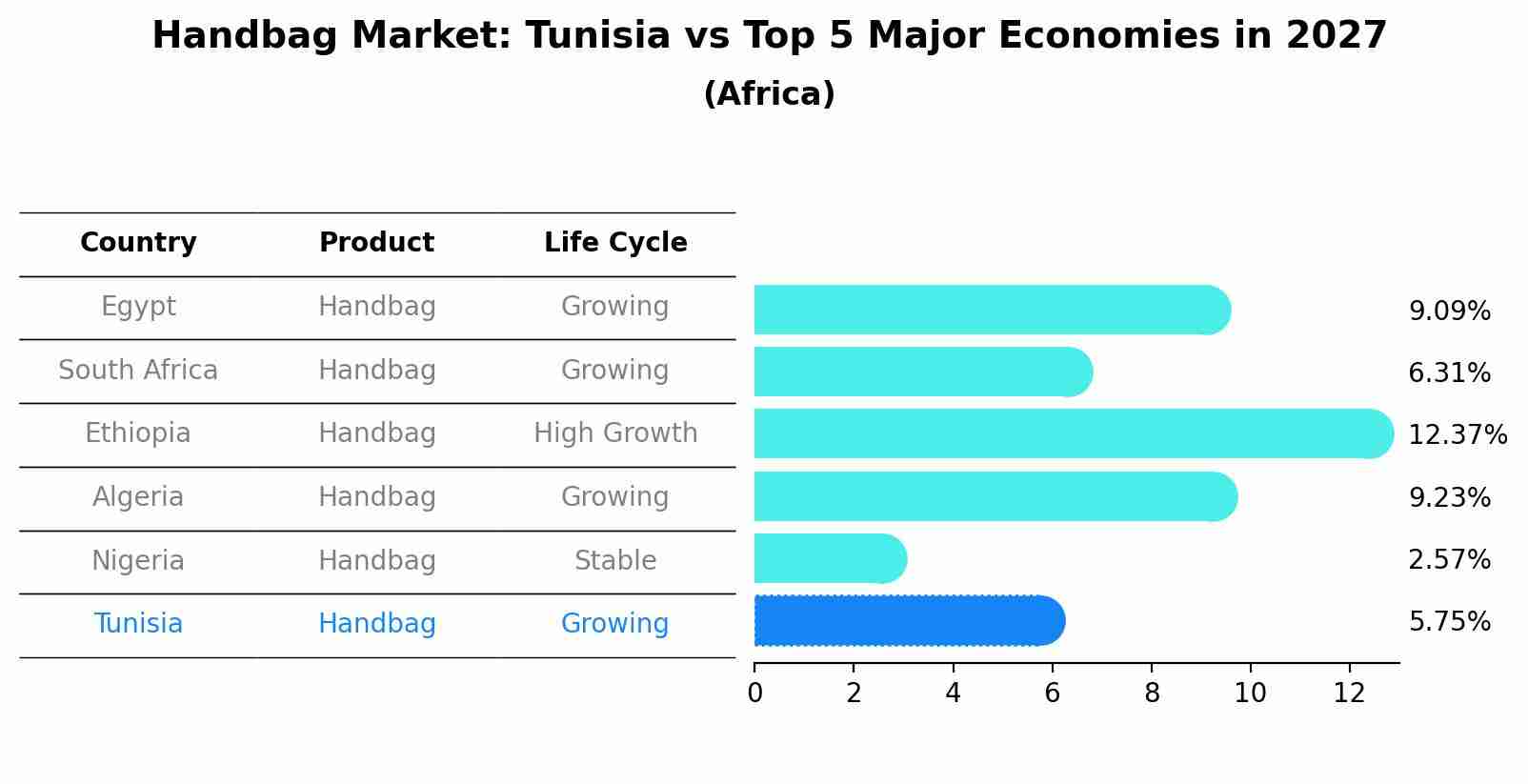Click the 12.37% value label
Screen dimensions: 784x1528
point(1457,435)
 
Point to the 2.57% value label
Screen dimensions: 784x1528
point(1449,560)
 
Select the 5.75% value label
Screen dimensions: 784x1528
point(1449,622)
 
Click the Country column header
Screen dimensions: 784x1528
point(138,243)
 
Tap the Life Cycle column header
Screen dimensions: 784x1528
point(615,243)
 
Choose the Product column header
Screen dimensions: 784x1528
point(376,243)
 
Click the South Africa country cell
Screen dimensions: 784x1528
point(138,371)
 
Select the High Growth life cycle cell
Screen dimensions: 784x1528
point(615,433)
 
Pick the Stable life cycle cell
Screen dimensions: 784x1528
point(615,561)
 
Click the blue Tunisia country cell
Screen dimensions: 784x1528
point(138,624)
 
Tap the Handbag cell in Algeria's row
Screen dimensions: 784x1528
point(376,497)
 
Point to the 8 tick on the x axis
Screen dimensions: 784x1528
point(1152,694)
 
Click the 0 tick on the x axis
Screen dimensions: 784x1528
point(754,694)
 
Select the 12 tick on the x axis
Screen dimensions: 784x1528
point(1350,694)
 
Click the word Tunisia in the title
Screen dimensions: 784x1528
point(598,36)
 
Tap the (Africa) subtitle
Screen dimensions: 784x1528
point(769,94)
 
